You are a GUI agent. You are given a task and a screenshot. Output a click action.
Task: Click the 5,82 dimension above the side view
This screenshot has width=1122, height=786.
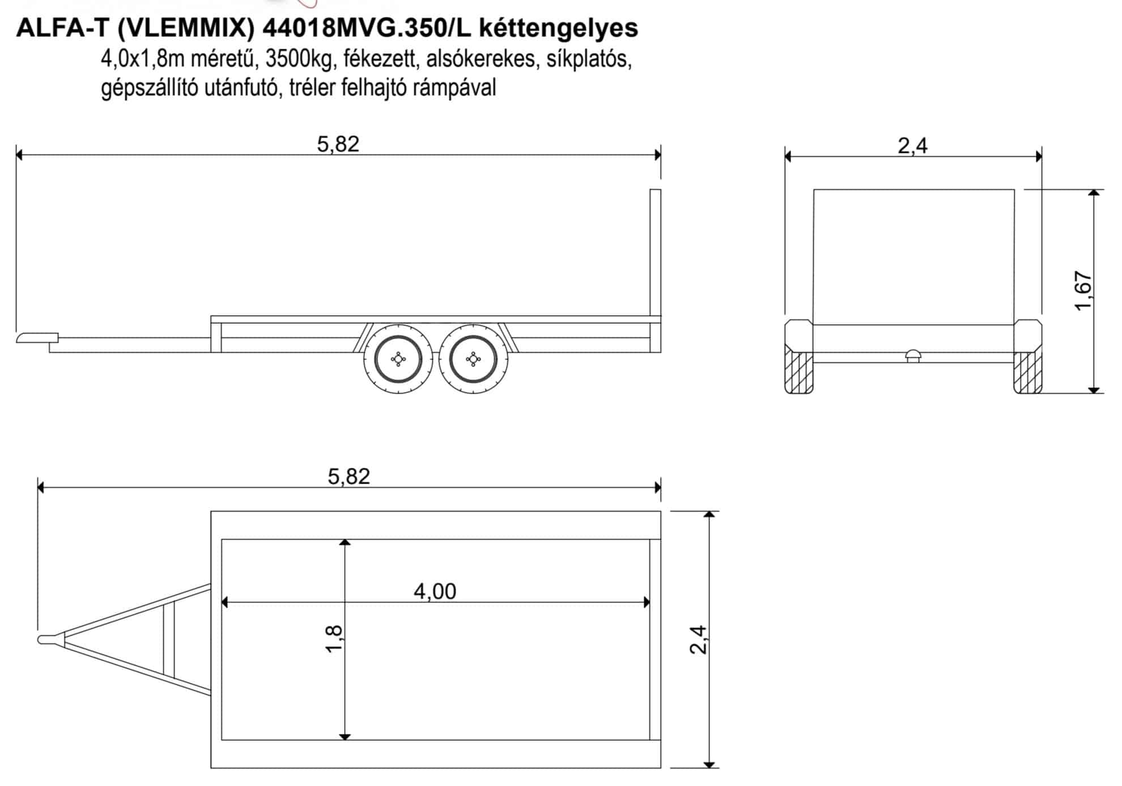click(x=338, y=144)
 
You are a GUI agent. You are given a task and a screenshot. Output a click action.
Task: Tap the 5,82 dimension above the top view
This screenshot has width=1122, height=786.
click(x=348, y=476)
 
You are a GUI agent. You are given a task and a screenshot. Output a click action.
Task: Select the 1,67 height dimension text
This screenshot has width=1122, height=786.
click(x=1083, y=291)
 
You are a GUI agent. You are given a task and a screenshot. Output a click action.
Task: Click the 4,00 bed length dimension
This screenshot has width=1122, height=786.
click(x=435, y=591)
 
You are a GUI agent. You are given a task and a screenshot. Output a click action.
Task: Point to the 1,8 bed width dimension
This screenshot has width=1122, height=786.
click(x=334, y=638)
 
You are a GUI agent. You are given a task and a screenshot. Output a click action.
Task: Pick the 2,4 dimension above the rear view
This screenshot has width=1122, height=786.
click(x=912, y=146)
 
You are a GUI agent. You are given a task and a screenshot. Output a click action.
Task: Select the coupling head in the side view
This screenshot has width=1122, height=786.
click(x=37, y=338)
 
